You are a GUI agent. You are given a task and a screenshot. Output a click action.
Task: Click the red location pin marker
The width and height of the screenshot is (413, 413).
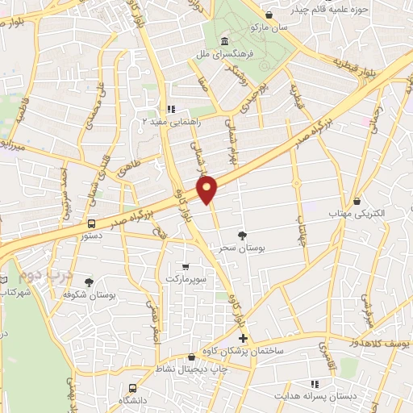click(208, 189)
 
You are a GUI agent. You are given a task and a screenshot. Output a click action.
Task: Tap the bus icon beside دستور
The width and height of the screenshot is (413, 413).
click(91, 223)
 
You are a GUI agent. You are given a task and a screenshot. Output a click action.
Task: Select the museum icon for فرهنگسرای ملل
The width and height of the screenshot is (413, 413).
click(223, 42)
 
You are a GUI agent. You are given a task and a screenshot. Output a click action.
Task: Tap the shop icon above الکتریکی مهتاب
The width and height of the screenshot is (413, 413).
click(357, 201)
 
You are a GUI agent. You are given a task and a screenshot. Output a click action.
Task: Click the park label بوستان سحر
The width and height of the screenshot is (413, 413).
click(241, 249)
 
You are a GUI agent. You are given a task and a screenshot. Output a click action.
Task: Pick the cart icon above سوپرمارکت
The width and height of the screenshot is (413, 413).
click(186, 266)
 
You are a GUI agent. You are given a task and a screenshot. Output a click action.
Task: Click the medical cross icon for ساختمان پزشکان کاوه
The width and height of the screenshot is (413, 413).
click(243, 337)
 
